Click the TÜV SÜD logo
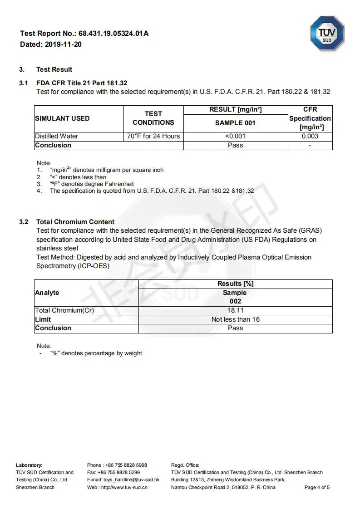(327, 33)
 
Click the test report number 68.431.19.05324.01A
(113, 34)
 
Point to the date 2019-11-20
(63, 44)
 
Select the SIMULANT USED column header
(62, 118)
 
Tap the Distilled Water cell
(57, 136)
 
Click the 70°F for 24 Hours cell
(153, 136)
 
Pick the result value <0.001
(235, 136)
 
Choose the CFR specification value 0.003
(310, 136)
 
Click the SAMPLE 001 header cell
(235, 123)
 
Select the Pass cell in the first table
(235, 145)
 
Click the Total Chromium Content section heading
(75, 222)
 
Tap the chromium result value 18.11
(235, 310)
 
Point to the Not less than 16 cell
(235, 319)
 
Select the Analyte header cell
(47, 293)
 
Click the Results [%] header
(235, 284)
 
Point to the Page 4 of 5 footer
(317, 487)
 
